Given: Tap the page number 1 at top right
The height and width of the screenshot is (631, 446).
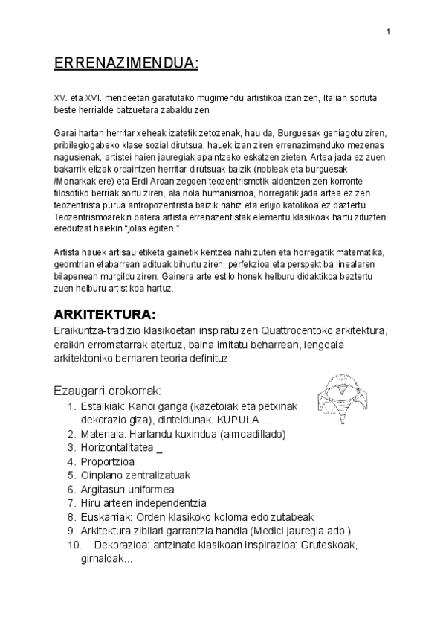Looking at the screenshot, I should [388, 31].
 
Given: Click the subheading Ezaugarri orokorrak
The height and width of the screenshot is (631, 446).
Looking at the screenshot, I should [108, 390].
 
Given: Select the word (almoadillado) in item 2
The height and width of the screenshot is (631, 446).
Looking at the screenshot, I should [249, 434].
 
